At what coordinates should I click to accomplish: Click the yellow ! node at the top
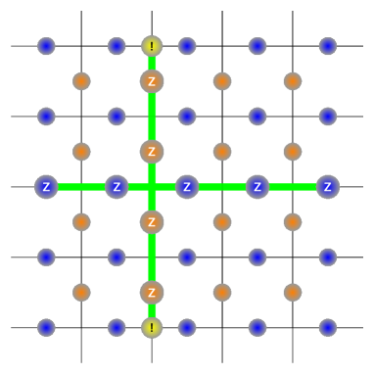click(152, 46)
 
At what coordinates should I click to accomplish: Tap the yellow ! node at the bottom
click(152, 327)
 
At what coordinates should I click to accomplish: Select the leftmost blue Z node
click(46, 186)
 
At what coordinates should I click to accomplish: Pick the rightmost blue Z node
click(327, 186)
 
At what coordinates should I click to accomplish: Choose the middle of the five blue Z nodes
click(187, 186)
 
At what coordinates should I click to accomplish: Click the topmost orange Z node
click(152, 81)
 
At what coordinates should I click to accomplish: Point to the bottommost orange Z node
click(152, 292)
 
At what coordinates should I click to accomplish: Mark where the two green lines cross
click(152, 186)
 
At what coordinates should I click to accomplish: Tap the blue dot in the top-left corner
click(46, 46)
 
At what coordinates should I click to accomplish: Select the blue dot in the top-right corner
click(327, 46)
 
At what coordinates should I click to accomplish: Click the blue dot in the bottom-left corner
click(46, 327)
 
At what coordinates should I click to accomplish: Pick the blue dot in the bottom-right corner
click(327, 327)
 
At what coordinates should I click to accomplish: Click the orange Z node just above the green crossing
click(152, 152)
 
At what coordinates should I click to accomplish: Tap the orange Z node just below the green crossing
click(152, 221)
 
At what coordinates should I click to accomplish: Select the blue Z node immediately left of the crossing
click(117, 186)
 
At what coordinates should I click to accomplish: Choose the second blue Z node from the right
click(257, 186)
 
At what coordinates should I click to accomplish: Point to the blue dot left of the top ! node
click(117, 46)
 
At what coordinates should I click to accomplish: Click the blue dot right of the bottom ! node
click(187, 327)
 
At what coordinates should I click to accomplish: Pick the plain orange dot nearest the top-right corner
click(292, 81)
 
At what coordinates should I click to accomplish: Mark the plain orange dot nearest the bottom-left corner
click(81, 292)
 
